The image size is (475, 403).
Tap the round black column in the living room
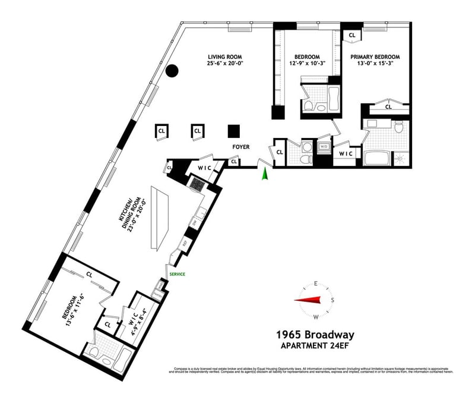172,71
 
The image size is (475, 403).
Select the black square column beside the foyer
234,131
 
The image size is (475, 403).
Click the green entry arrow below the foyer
265,173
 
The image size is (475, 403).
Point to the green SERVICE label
177,274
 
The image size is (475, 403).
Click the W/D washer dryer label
324,146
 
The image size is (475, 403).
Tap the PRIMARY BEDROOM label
375,58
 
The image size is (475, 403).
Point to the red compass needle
309,300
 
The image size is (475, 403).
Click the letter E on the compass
316,284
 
